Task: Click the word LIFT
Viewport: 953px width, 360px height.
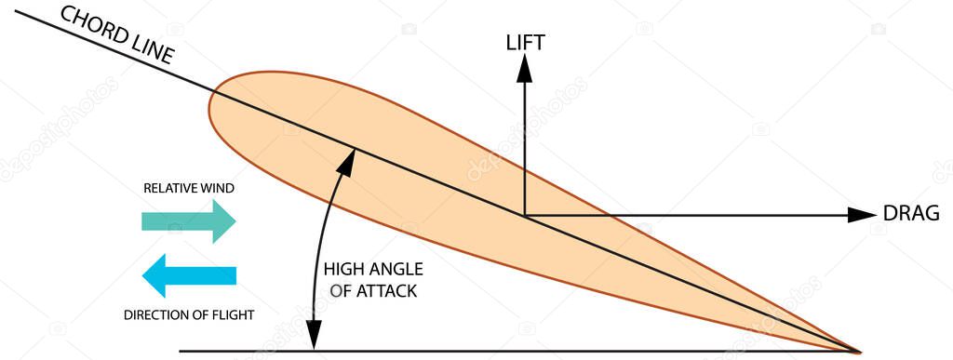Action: click(525, 42)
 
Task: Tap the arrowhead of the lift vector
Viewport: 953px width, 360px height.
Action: click(525, 63)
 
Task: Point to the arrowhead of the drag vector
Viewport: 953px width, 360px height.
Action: click(865, 215)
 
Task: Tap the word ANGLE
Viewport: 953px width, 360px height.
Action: click(395, 270)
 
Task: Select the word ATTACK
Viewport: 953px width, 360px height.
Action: click(384, 290)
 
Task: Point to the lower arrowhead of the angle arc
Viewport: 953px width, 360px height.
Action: click(315, 340)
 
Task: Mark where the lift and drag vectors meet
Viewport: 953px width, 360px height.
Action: click(525, 215)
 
